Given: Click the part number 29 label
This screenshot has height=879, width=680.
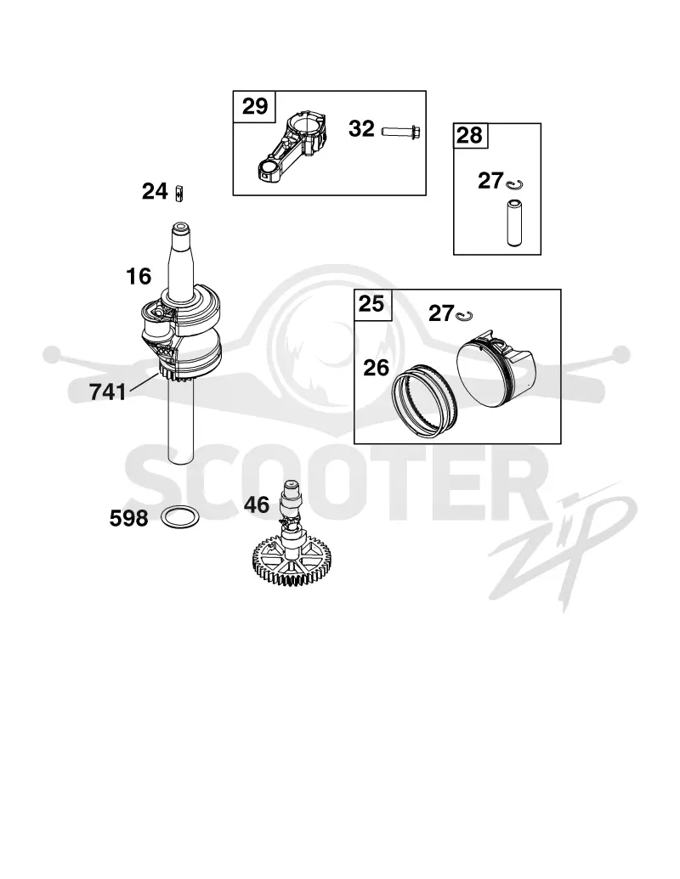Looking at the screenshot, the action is click(255, 106).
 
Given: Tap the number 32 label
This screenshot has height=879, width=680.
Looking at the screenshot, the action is click(361, 129).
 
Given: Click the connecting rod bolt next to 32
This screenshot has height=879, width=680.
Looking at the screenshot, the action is click(401, 132).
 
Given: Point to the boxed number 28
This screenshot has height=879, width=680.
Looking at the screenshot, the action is click(469, 136).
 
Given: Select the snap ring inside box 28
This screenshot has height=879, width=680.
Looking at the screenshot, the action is click(514, 184).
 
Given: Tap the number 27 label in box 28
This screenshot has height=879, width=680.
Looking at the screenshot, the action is click(490, 181).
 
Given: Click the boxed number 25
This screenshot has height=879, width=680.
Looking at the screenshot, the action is click(371, 304).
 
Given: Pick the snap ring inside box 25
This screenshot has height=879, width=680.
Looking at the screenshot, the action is click(464, 316).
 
